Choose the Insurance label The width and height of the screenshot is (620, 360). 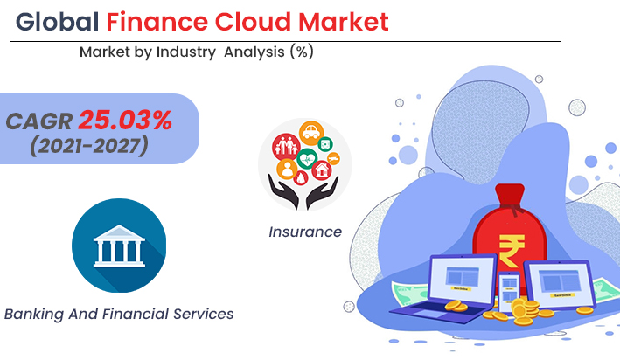(x=305, y=232)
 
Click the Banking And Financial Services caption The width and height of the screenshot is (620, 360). (x=119, y=313)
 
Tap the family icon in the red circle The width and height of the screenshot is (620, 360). (x=286, y=148)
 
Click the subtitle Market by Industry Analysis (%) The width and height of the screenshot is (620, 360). (x=197, y=52)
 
